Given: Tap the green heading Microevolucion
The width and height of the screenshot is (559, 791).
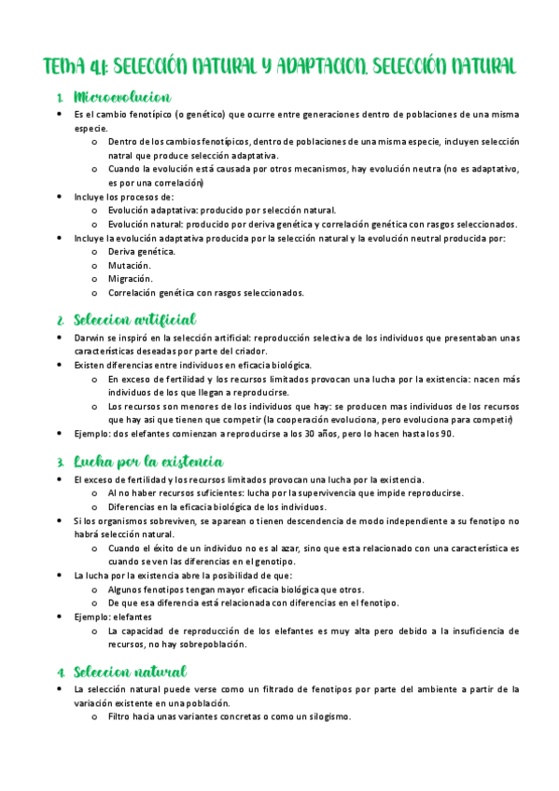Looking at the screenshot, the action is coord(121,97).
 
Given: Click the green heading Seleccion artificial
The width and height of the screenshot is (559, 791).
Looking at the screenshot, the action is coord(133,320).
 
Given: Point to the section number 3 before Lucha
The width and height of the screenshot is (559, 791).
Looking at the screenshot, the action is coord(60,462).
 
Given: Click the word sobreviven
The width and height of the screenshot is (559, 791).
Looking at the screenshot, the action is coord(157,520).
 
